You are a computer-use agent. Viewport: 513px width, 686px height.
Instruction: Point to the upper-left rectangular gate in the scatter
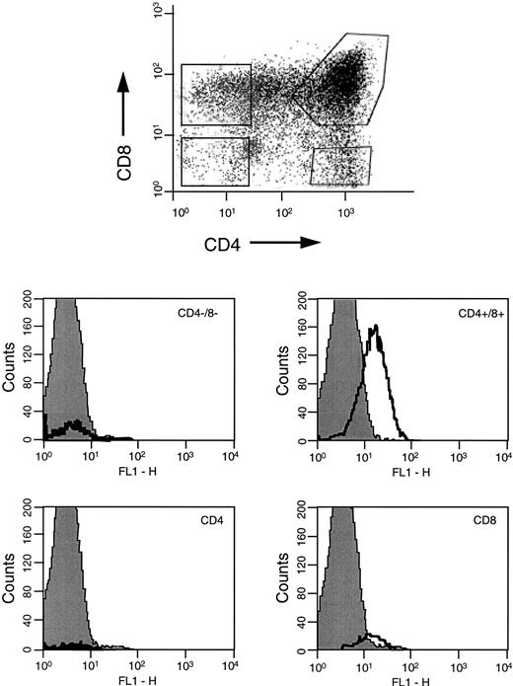tap(216, 96)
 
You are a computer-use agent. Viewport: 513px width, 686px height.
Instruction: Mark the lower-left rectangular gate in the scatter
tap(215, 162)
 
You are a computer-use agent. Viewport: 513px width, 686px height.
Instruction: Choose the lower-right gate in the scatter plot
tap(341, 166)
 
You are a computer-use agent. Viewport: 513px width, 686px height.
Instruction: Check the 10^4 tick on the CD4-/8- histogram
tap(231, 451)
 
